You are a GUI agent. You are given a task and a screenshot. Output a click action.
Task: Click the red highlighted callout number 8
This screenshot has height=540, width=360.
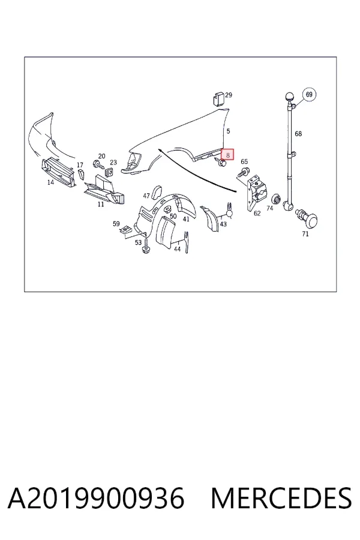(227, 155)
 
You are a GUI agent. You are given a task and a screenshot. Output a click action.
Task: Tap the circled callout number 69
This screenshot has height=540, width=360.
(309, 94)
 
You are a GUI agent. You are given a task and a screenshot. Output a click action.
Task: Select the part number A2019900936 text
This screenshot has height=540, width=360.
(96, 498)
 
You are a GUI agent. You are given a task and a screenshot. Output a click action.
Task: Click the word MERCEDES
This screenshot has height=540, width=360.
(281, 498)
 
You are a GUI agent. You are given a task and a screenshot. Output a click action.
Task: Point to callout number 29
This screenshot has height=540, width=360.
(229, 95)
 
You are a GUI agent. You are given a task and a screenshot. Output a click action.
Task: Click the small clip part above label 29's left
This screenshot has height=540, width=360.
(217, 99)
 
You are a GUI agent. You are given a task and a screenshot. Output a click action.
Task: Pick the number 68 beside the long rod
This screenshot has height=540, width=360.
(298, 134)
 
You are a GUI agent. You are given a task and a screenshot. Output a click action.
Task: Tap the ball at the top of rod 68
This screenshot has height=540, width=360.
(289, 97)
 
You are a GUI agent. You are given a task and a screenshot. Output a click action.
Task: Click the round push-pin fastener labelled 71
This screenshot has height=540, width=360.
(308, 218)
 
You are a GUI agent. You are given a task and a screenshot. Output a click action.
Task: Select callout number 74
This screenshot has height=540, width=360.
(270, 208)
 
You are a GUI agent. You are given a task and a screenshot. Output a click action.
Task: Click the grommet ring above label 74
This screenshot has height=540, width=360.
(276, 199)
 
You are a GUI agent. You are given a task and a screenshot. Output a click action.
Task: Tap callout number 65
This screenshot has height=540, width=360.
(244, 161)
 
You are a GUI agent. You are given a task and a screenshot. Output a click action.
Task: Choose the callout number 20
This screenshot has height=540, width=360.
(101, 156)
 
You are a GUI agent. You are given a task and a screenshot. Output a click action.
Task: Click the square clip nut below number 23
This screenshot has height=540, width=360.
(110, 171)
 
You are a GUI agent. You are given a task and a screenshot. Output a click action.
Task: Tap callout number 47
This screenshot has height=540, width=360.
(146, 196)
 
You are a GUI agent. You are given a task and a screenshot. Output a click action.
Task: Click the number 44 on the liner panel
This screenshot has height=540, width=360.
(177, 248)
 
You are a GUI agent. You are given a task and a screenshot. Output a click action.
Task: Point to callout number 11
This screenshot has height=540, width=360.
(101, 204)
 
